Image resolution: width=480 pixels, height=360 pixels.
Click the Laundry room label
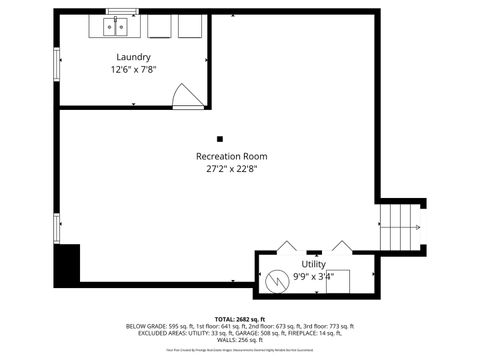[133, 57]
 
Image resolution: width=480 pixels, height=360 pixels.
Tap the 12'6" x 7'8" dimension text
[133, 70]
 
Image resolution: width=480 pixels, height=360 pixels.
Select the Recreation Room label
[231, 156]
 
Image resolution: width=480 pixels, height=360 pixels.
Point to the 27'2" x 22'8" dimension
[231, 169]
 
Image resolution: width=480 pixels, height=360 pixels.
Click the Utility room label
[313, 264]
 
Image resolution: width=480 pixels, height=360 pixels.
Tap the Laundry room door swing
[187, 95]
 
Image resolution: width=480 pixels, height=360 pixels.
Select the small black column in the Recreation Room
[220, 138]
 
